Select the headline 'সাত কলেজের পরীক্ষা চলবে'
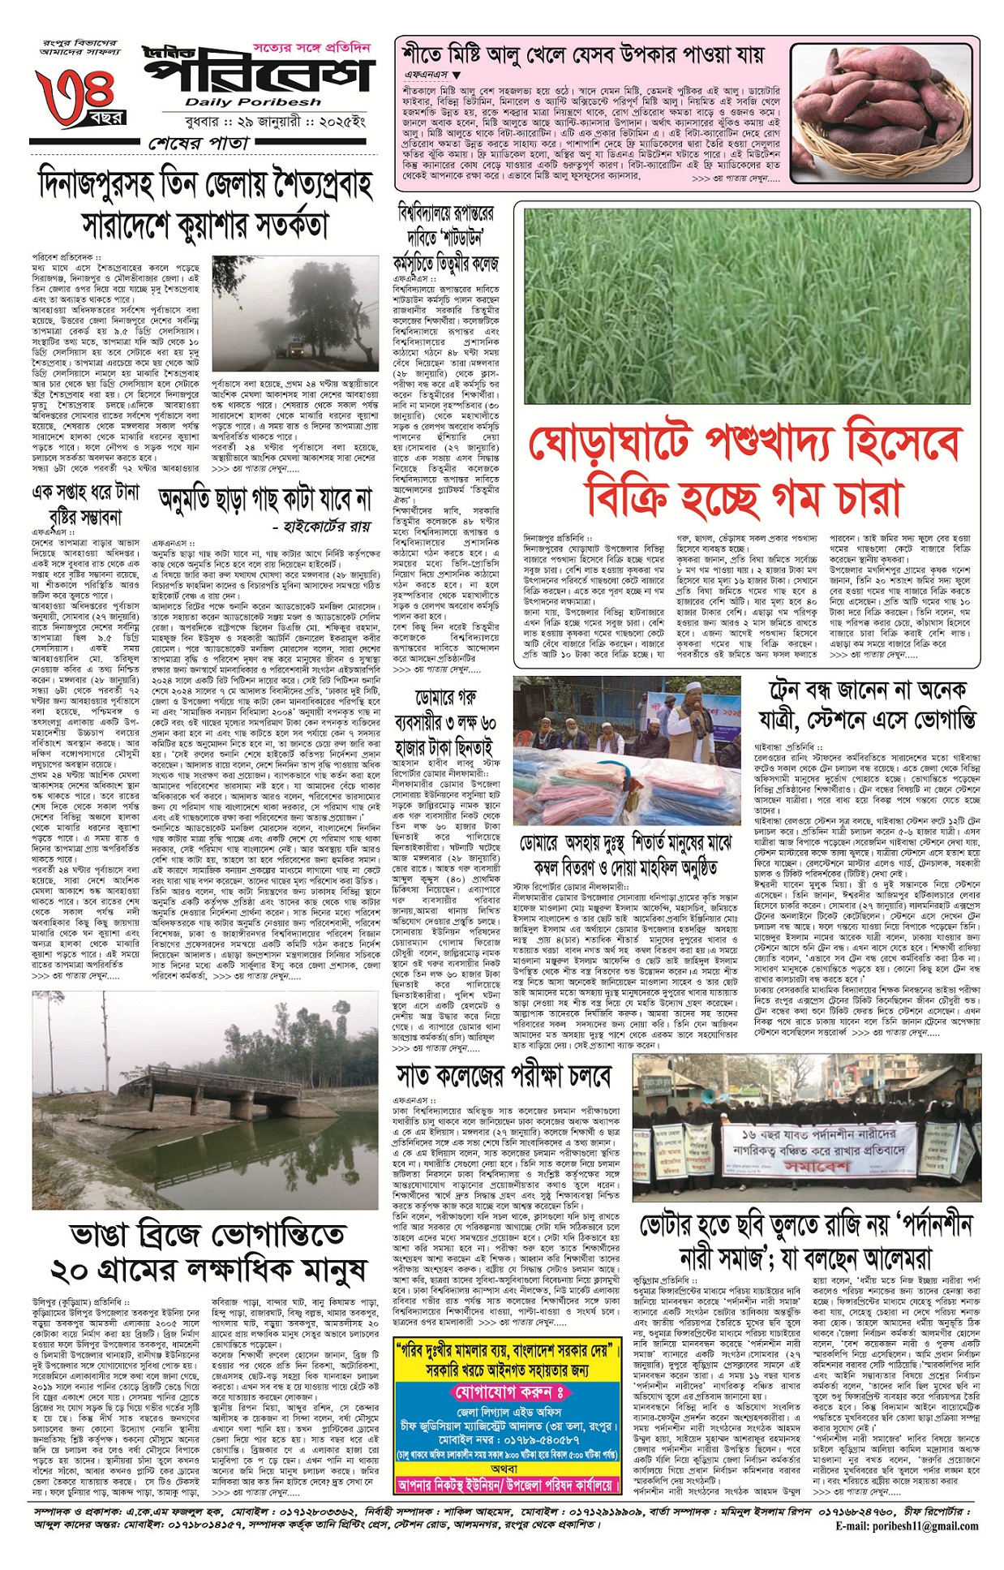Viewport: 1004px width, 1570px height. [504, 1077]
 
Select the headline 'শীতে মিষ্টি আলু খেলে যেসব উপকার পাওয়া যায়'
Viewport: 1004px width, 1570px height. [583, 55]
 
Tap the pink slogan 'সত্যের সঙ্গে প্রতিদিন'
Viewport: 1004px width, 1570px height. [311, 48]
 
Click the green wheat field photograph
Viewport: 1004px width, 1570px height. [746, 306]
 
